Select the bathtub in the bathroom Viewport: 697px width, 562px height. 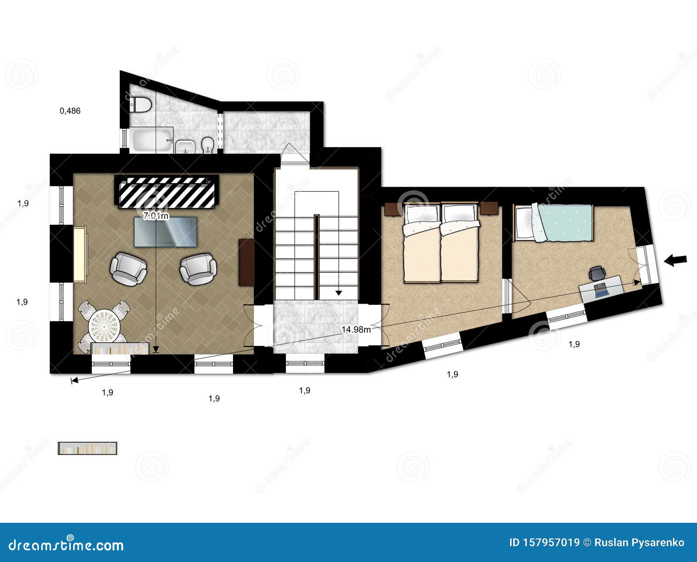151,139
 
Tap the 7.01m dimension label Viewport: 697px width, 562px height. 156,215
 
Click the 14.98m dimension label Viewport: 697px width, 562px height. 356,329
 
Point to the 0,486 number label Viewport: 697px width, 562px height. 70,111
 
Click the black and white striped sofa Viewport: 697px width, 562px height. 166,191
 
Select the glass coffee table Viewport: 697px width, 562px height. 166,232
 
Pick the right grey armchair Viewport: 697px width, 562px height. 198,269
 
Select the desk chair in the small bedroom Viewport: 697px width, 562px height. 597,274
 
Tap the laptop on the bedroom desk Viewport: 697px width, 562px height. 601,289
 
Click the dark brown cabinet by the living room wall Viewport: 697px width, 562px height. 247,262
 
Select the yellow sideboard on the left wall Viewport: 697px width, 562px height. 80,254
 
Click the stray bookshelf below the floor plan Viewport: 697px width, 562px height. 88,448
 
